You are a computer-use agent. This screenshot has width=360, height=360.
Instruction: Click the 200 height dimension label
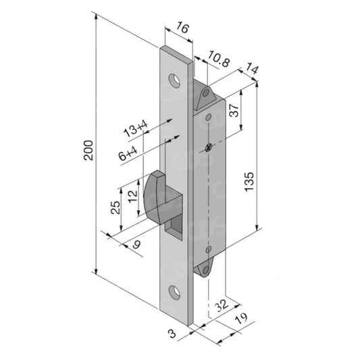click(88, 151)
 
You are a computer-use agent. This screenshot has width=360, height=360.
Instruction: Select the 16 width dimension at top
click(182, 28)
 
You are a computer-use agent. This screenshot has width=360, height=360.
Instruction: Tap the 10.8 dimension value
click(218, 59)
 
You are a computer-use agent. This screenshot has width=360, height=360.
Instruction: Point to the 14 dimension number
click(252, 68)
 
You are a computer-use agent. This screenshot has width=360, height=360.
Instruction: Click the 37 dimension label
click(234, 111)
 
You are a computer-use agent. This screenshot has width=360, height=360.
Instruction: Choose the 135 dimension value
click(249, 182)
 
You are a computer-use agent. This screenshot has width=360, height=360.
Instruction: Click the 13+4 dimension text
click(136, 129)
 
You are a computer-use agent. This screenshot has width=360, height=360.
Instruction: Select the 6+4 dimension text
click(128, 153)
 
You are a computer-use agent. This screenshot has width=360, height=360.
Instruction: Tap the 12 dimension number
click(132, 197)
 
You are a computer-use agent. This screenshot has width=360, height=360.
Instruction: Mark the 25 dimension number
click(115, 207)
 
